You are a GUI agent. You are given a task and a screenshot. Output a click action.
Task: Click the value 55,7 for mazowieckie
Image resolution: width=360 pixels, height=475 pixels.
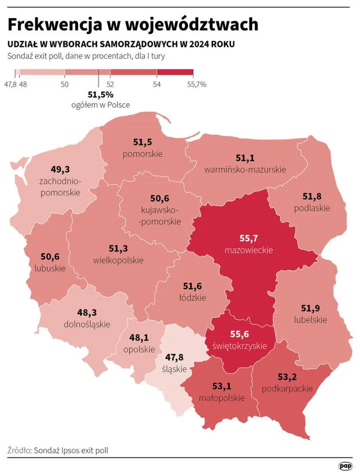coord(248,239)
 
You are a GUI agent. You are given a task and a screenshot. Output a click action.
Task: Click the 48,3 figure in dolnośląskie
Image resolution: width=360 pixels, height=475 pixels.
coord(87,313)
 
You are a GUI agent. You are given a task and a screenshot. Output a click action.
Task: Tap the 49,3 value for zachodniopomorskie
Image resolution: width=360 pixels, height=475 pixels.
coord(60,169)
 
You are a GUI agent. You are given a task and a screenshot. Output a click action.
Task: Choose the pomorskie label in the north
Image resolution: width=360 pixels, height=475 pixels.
coord(142,153)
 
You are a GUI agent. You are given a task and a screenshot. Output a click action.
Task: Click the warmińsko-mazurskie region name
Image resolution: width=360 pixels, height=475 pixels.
coord(245,169)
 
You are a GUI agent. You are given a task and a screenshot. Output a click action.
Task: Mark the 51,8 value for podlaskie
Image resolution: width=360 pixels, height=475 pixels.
coord(312,196)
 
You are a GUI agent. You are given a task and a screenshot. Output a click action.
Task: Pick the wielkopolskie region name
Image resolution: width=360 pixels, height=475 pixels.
coord(118,260)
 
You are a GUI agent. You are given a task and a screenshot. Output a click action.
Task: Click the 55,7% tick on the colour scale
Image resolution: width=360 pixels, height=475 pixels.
coord(196,84)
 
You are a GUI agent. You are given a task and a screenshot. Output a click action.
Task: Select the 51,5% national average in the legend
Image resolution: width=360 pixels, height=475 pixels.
coord(100,94)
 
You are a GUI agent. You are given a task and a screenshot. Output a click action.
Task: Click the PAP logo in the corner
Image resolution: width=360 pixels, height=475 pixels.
coord(345,466)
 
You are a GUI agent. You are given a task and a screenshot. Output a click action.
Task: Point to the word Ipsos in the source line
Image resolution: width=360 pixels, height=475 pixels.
coord(69,450)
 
